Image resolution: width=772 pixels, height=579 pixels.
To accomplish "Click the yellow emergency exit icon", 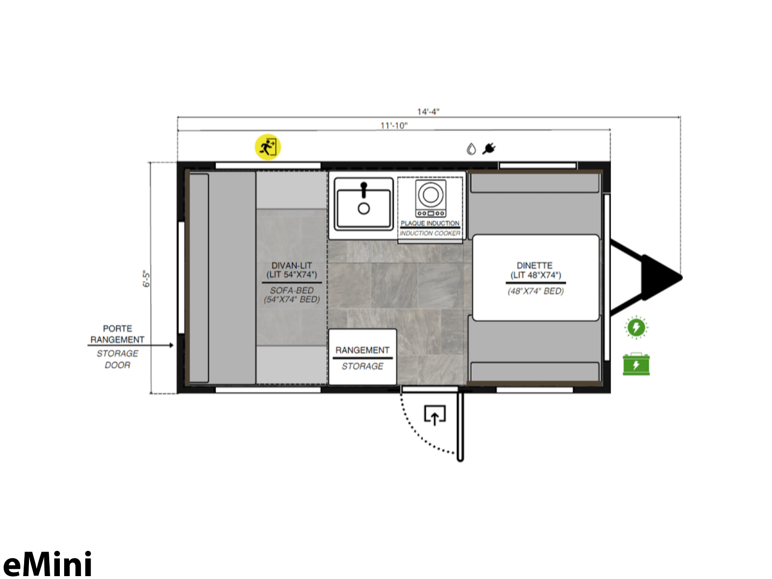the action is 268,147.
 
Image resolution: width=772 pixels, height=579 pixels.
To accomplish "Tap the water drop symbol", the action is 471,149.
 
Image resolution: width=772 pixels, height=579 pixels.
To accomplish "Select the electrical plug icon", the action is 489,149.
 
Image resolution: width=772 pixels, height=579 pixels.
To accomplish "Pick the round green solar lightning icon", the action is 636,327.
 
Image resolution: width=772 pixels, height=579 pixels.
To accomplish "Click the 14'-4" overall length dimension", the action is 428,112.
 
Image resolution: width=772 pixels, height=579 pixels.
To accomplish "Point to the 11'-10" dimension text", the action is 394,125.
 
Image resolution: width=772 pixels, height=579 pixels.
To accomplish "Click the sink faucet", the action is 364,190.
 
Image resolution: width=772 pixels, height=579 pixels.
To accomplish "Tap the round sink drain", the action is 364,208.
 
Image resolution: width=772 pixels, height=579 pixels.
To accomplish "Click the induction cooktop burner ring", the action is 430,194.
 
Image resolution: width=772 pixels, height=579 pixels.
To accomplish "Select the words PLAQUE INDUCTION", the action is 430,223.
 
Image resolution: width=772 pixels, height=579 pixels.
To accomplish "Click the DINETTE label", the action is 535,265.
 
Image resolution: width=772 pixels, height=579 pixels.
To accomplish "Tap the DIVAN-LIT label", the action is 291,265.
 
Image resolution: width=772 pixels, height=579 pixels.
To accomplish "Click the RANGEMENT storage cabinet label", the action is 362,350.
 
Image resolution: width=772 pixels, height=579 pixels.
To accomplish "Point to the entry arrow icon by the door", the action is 435,415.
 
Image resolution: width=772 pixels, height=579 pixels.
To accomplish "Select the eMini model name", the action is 47,564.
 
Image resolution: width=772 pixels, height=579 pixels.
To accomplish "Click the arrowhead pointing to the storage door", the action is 172,345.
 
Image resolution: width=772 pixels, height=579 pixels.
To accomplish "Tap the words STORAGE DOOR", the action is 117,359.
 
